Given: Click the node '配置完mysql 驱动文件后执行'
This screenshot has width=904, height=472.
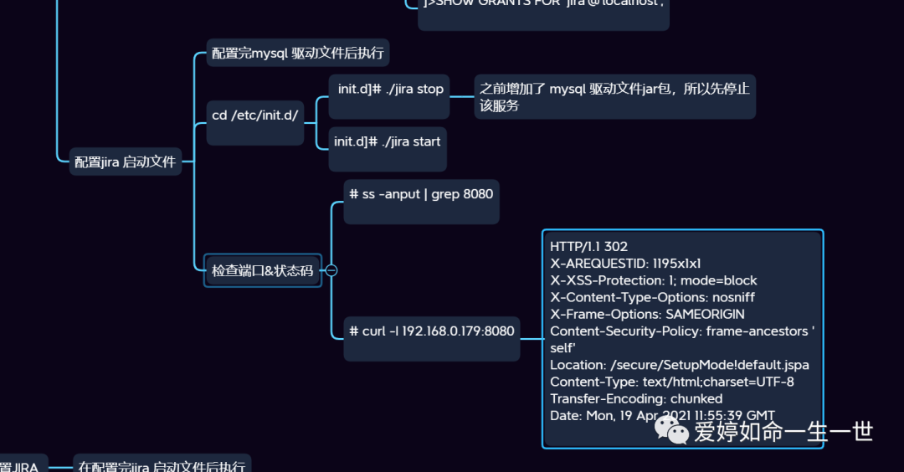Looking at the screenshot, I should (297, 54).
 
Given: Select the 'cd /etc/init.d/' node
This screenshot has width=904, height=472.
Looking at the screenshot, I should (254, 115).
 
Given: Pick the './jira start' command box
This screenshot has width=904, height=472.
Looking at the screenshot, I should (387, 141).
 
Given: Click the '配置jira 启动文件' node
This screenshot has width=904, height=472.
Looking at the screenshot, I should (125, 162).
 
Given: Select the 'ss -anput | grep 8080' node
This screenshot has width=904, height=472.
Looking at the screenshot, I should (420, 194).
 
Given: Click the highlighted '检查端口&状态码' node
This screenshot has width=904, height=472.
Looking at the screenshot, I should (262, 270).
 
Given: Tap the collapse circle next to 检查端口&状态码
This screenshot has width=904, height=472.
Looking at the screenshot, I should (331, 270).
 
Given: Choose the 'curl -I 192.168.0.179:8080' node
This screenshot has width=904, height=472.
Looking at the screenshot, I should (431, 331).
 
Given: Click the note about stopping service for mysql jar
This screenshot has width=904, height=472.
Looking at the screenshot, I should (614, 97).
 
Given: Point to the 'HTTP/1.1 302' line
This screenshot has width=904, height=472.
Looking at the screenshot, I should (588, 247).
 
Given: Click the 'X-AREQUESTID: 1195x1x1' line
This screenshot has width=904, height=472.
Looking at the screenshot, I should (625, 264).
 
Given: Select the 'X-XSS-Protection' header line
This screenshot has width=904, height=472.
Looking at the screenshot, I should (653, 280).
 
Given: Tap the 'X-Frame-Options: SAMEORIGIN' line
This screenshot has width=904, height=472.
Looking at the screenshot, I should (647, 315).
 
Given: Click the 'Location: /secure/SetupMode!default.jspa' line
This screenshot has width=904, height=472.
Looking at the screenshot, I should (679, 365).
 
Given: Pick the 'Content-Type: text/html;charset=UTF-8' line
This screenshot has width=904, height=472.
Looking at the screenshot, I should (671, 382).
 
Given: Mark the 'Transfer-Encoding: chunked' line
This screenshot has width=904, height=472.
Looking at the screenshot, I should (636, 398).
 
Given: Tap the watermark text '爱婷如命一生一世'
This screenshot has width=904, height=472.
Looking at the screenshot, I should (783, 432).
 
